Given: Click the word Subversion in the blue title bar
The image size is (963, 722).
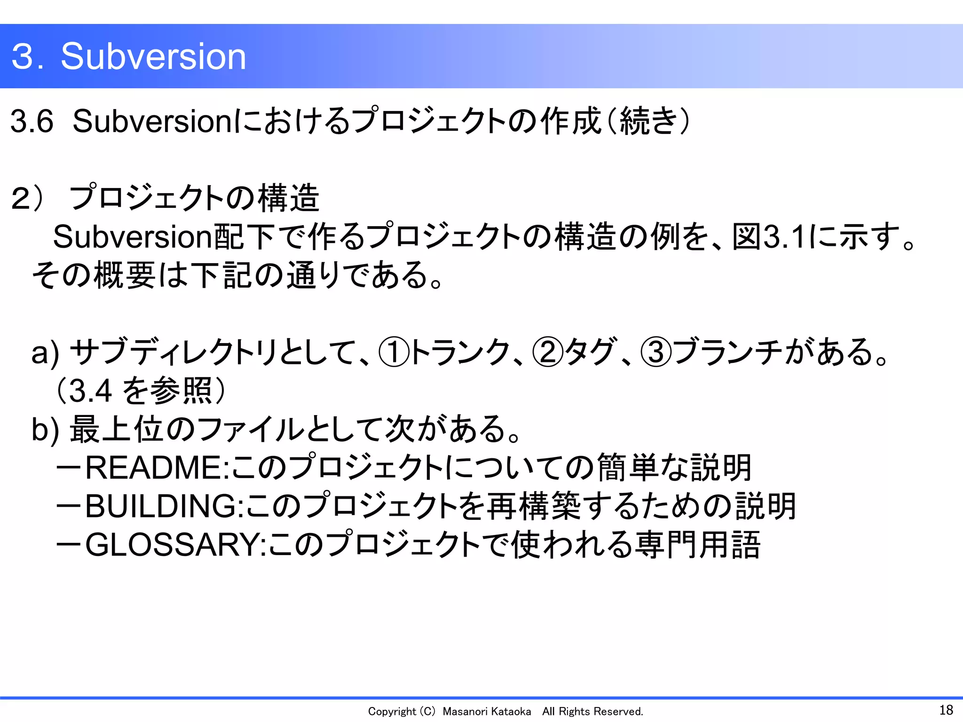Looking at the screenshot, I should [153, 56].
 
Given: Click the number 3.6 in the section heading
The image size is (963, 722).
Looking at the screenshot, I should [32, 121].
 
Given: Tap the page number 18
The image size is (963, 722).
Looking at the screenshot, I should [946, 710].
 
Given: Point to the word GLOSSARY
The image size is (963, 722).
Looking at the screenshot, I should [172, 545].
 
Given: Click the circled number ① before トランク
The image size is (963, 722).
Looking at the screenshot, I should [394, 353].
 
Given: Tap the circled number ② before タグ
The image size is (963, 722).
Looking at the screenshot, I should [548, 353].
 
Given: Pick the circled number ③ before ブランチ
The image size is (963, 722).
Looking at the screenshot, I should [656, 353].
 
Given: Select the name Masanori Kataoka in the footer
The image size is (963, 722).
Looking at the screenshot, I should [487, 712].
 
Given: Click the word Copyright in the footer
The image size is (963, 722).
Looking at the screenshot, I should [392, 712].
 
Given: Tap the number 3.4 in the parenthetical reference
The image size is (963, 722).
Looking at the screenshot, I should [90, 391].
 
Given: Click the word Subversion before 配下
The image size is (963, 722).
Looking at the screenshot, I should [133, 237].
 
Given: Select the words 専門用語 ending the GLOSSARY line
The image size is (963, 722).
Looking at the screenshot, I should [697, 545].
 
